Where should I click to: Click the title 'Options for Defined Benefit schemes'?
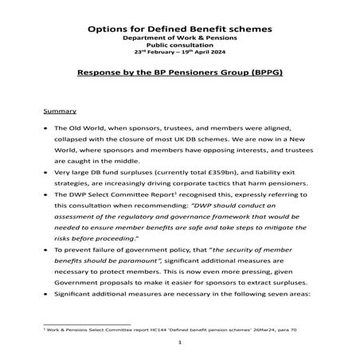tap(179, 29)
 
